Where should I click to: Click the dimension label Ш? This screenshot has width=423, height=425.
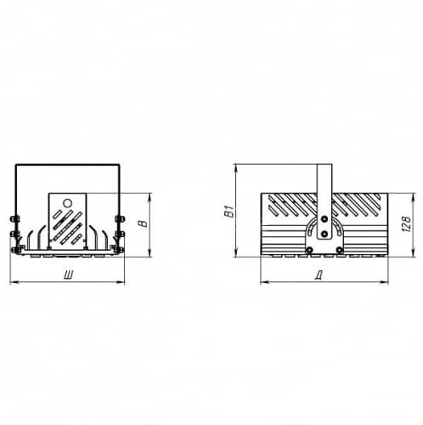tap(69, 275)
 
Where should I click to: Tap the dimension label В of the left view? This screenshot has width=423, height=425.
tap(144, 224)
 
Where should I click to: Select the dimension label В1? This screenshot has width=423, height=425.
tap(230, 211)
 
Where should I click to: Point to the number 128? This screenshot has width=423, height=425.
tap(406, 224)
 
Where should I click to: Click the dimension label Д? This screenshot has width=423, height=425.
tap(319, 275)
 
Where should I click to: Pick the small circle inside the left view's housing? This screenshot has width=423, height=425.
tap(67, 203)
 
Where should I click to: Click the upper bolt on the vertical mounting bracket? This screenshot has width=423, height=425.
tap(324, 218)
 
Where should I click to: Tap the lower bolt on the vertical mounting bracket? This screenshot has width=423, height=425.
tap(324, 234)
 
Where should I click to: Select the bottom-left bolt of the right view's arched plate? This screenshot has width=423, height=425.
tap(310, 250)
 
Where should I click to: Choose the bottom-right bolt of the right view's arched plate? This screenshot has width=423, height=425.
tap(339, 250)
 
